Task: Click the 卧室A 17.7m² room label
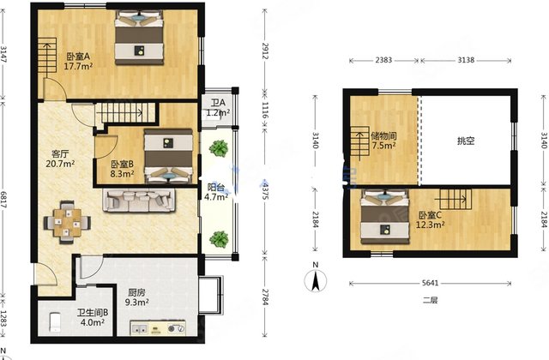coord(78,61)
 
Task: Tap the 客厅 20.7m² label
coord(60,159)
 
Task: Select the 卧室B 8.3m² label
coord(122,169)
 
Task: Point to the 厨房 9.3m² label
coord(137,297)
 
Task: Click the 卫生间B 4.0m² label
coord(93,317)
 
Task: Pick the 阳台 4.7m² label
coord(216,192)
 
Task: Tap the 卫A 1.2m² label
coord(218,107)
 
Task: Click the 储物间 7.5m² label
coord(383,141)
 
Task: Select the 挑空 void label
coord(466,141)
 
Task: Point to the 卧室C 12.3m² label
coord(430,219)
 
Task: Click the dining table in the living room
coord(67,222)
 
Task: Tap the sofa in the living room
coord(139,201)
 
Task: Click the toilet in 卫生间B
coord(55,322)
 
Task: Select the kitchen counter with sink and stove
coord(158,327)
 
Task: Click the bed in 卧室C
coord(385,217)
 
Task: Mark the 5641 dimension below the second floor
coord(430,283)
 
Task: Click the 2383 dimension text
coord(383,60)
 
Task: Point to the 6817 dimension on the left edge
coord(3,200)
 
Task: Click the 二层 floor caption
coord(430,300)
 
